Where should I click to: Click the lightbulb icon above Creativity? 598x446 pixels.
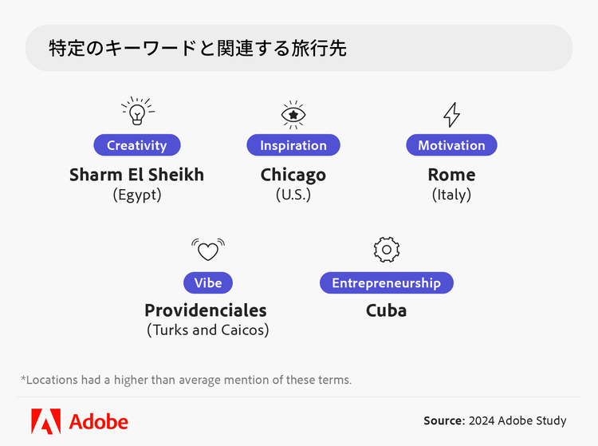point(138,111)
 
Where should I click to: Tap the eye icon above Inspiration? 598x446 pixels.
point(293,114)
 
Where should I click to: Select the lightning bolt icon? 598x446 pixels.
point(451,114)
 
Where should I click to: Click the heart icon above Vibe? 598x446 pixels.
point(208,250)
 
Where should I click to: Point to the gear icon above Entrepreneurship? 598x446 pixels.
point(387,250)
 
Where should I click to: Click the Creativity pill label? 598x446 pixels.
point(137,145)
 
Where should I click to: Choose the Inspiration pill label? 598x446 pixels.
point(293,145)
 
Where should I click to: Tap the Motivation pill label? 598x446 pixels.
point(451,145)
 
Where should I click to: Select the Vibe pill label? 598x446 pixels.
point(208,282)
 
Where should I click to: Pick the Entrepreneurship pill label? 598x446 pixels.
point(387,282)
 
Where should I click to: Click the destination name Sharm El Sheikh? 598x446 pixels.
point(137,175)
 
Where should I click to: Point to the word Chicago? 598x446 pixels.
point(293,176)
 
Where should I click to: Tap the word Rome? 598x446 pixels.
point(451,175)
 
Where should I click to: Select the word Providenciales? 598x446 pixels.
point(206,310)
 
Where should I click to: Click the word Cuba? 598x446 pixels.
point(387,310)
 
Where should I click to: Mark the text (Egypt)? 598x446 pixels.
point(137,195)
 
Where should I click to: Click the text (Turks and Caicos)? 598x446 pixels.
point(208,330)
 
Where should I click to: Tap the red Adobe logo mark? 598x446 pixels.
point(45,421)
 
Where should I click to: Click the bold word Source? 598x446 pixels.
point(444,420)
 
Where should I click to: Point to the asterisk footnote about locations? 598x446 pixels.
point(186,380)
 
